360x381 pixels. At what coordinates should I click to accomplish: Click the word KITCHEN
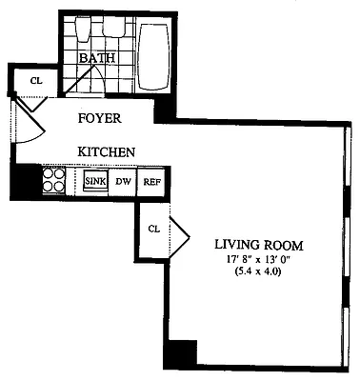pyautogui.click(x=105, y=151)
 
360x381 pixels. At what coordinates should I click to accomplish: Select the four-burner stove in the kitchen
pyautogui.click(x=53, y=180)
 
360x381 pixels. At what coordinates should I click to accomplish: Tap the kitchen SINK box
pyautogui.click(x=95, y=181)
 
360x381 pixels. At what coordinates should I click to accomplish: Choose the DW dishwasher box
pyautogui.click(x=123, y=181)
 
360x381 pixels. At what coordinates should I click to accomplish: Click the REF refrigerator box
pyautogui.click(x=151, y=181)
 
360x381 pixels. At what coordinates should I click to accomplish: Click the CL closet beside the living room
pyautogui.click(x=153, y=229)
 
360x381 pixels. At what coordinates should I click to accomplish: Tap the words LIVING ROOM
pyautogui.click(x=256, y=243)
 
